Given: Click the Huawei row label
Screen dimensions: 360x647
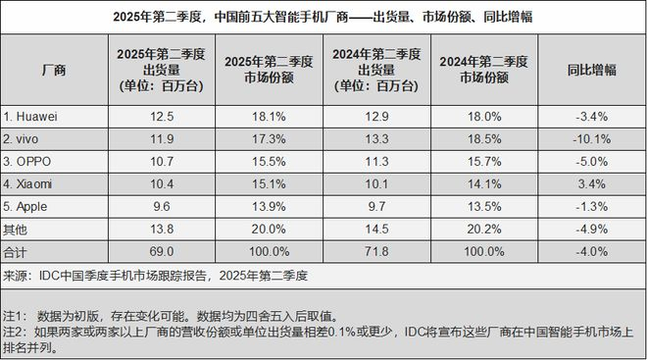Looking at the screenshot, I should click(34, 117).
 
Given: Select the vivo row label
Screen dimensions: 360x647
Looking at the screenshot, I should click(28, 138).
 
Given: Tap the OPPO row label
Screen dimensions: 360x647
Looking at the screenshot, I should click(31, 160).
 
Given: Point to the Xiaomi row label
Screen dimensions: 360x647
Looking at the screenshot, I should click(32, 181).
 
